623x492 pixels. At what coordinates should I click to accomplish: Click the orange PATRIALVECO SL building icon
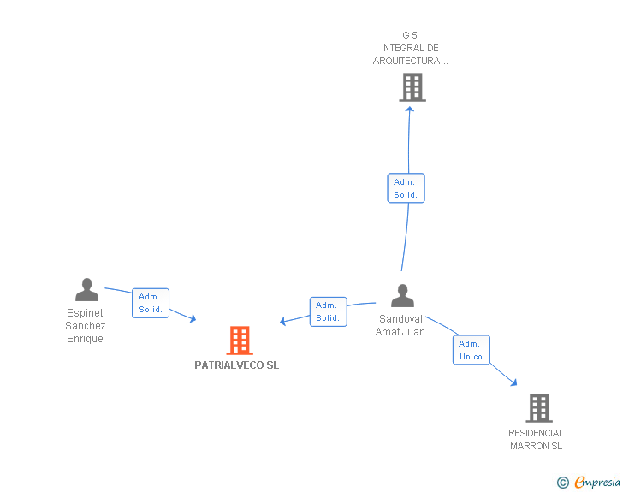(x=240, y=340)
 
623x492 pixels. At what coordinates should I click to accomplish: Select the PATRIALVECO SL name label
(x=236, y=365)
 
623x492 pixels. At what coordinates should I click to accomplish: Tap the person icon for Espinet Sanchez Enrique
(x=86, y=290)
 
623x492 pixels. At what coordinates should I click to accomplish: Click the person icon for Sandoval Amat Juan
(x=402, y=295)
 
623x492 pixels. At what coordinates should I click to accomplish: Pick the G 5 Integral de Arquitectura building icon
(x=412, y=86)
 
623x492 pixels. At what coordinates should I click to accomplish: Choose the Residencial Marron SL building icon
(x=539, y=408)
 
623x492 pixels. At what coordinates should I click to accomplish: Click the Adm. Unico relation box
(x=471, y=350)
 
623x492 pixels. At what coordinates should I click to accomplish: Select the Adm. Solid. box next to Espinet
(x=151, y=303)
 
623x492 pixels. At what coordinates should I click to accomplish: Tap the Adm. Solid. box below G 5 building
(x=406, y=188)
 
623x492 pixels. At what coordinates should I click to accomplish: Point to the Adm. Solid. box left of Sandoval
(x=328, y=311)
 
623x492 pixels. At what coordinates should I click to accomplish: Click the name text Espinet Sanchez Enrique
(x=86, y=326)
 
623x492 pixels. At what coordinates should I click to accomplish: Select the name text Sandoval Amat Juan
(x=400, y=326)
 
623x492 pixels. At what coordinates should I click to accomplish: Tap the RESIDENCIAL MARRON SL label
(x=536, y=439)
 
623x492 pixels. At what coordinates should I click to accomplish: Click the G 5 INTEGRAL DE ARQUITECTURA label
(x=410, y=48)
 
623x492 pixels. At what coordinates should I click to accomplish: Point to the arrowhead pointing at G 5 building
(x=410, y=108)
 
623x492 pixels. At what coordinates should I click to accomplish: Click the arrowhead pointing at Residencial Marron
(x=513, y=382)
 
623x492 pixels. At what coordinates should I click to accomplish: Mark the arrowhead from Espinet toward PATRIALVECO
(x=193, y=318)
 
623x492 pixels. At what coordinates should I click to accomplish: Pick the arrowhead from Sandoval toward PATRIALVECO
(x=283, y=322)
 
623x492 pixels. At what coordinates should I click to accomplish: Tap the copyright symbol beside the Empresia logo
(x=562, y=483)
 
